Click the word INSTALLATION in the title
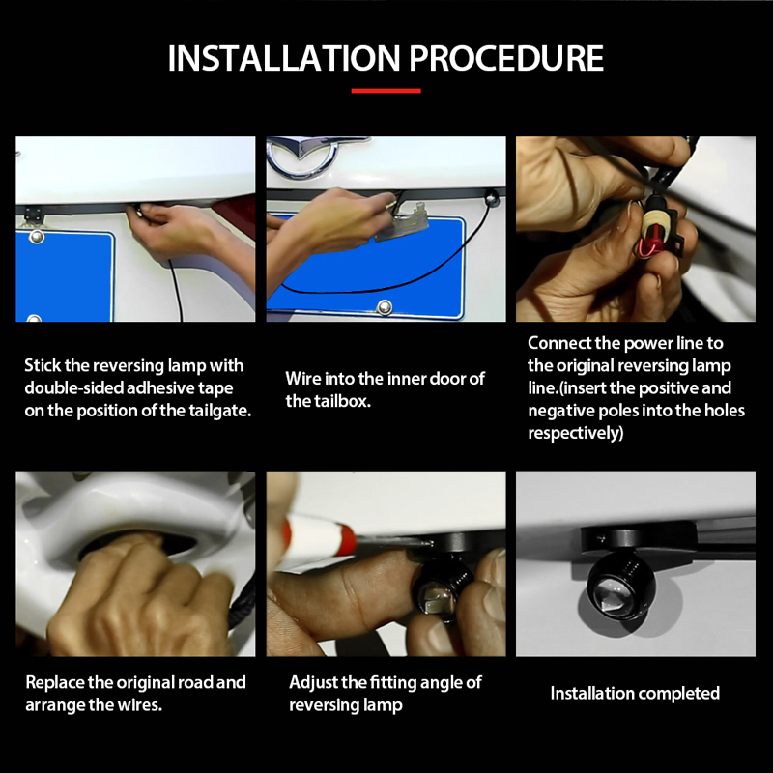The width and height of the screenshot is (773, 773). click(x=284, y=58)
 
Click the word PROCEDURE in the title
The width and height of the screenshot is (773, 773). click(x=506, y=58)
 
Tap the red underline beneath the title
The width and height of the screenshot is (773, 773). click(x=386, y=91)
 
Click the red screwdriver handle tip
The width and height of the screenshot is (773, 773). click(x=344, y=536)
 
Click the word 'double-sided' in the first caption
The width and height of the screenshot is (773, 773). click(x=74, y=388)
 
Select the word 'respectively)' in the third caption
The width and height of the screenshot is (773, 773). click(x=575, y=433)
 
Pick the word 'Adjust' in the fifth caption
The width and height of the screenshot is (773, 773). click(x=313, y=683)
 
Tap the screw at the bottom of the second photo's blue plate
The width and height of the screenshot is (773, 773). click(x=384, y=307)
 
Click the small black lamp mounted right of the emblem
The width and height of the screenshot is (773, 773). click(x=491, y=198)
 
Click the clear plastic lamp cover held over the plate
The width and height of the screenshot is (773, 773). click(x=401, y=222)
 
